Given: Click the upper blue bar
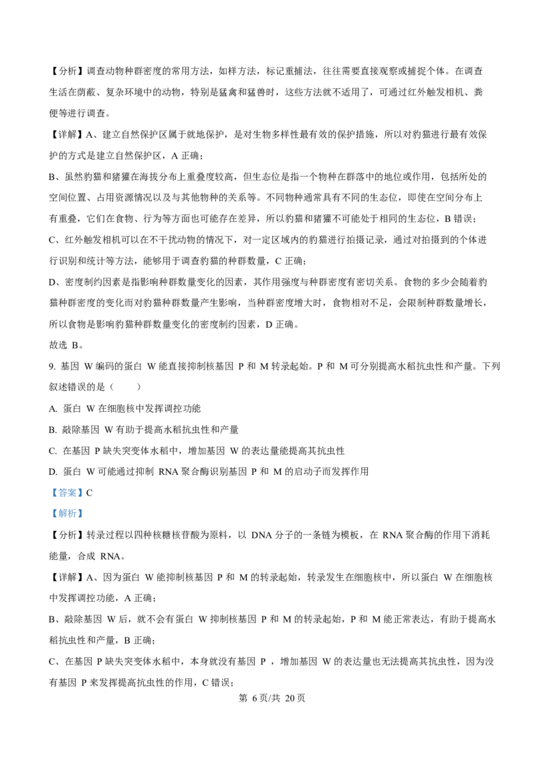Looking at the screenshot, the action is coord(67,492).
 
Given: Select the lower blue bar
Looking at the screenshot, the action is coord(67,514).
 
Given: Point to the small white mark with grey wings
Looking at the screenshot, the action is coord(364,66).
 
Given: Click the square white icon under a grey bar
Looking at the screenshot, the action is coord(193,428).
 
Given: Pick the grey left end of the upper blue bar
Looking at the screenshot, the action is coord(49,492).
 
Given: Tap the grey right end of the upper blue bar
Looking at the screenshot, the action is coord(84,492).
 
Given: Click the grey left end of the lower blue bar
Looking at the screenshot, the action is coord(49,514).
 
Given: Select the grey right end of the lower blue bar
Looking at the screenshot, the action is coord(84,514).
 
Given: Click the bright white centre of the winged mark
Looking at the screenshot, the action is coord(364,66).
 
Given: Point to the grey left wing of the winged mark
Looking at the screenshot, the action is coord(360,66).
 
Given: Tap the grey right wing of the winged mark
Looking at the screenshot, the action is coord(367,66).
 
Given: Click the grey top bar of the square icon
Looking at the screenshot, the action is coord(193,424).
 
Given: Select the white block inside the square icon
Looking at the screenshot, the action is coord(193,429).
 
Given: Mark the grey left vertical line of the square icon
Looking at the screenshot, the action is coord(188,429).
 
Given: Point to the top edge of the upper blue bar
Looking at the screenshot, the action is coord(67,488).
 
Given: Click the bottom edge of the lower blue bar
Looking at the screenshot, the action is coord(67,518).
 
